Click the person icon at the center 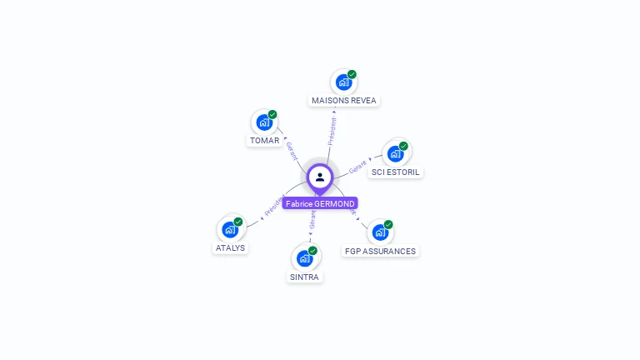pyautogui.click(x=320, y=177)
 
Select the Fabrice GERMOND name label pyautogui.click(x=320, y=203)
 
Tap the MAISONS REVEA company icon pyautogui.click(x=342, y=82)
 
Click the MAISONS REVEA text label pyautogui.click(x=343, y=101)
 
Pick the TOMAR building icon pyautogui.click(x=264, y=122)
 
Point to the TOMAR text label pyautogui.click(x=264, y=141)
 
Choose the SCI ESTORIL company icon pyautogui.click(x=395, y=153)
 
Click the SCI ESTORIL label pyautogui.click(x=396, y=172)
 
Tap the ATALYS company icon pyautogui.click(x=230, y=229)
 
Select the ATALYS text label pyautogui.click(x=230, y=248)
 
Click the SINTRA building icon pyautogui.click(x=304, y=258)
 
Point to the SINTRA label pyautogui.click(x=304, y=277)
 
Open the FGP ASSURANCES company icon pyautogui.click(x=380, y=232)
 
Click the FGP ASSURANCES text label pyautogui.click(x=380, y=251)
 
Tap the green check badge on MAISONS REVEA pyautogui.click(x=352, y=74)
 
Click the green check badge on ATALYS pyautogui.click(x=238, y=222)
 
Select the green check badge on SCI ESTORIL pyautogui.click(x=403, y=146)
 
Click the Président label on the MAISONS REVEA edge pyautogui.click(x=332, y=132)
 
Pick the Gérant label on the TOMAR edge pyautogui.click(x=292, y=151)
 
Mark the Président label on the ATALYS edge pyautogui.click(x=274, y=206)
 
